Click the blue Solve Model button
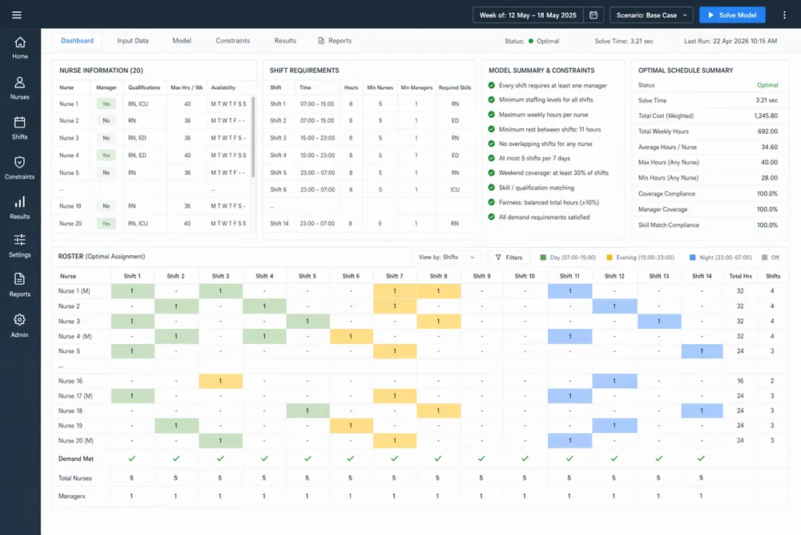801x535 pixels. [732, 14]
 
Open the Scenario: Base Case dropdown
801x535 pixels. [650, 14]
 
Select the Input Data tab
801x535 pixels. [133, 41]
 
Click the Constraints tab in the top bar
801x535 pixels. [232, 41]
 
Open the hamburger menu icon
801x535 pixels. [17, 14]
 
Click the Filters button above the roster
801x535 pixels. [509, 257]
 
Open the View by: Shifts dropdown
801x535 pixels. [446, 257]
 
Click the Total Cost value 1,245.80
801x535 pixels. [767, 116]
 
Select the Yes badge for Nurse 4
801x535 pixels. [106, 156]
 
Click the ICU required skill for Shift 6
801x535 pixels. [454, 189]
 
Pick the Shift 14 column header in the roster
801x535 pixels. [702, 276]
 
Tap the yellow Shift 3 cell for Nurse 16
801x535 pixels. [221, 381]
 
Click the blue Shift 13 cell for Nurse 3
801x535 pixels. [658, 321]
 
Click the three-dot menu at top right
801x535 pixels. [784, 14]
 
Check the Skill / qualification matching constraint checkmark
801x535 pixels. [491, 188]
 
